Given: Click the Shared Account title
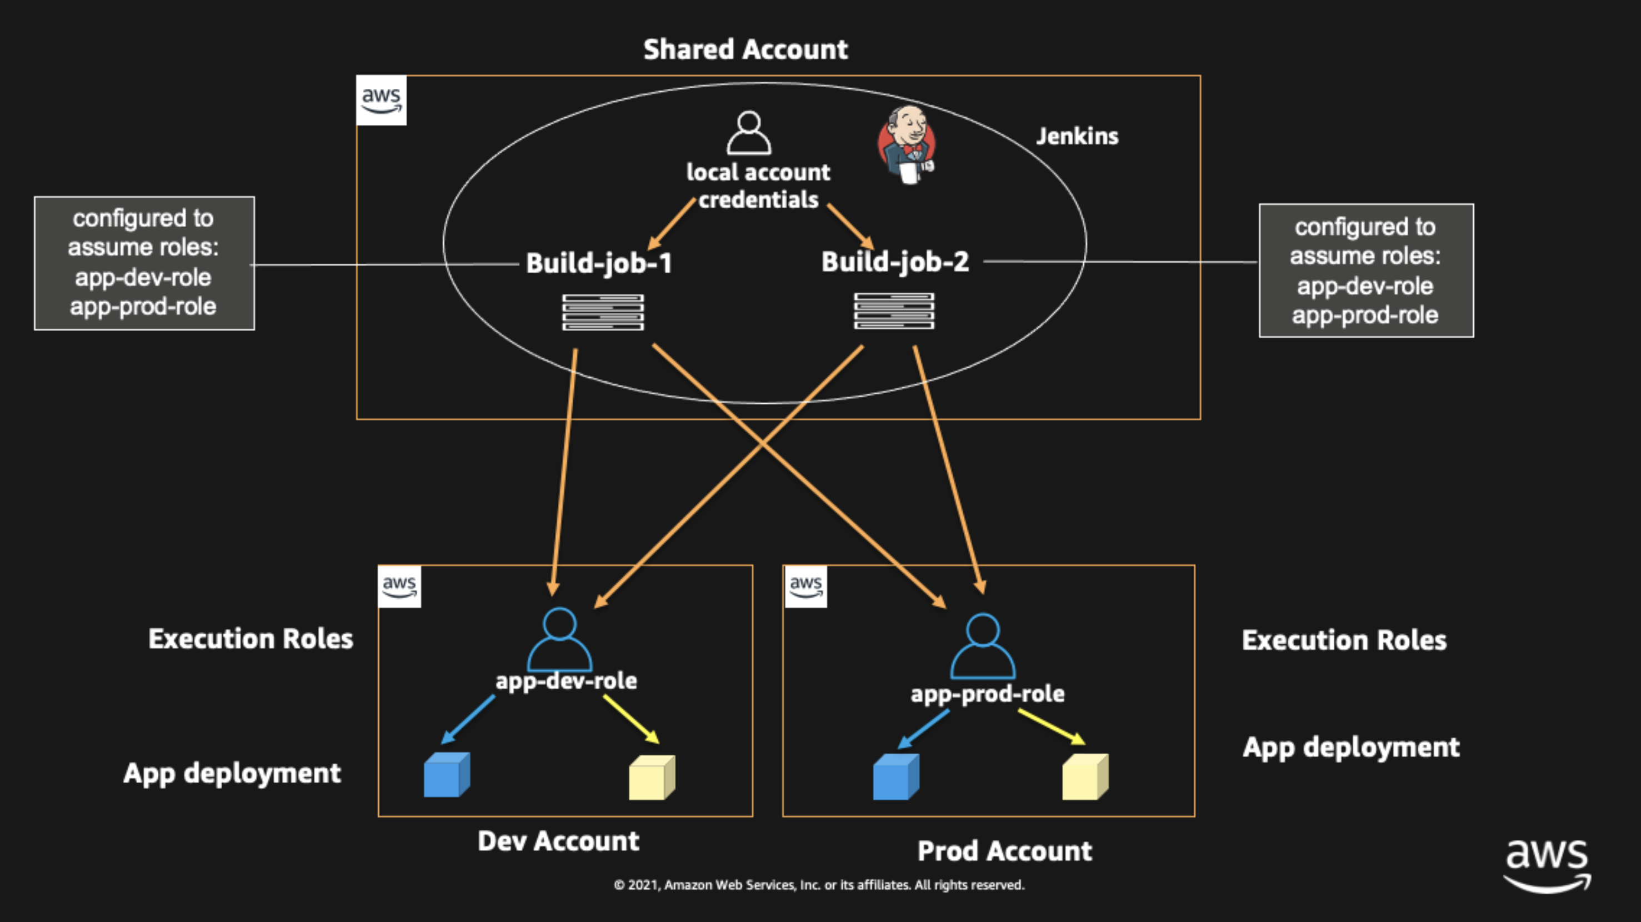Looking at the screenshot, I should pos(746,49).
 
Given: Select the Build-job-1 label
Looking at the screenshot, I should pos(599,263).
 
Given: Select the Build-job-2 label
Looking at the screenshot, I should pos(895,262).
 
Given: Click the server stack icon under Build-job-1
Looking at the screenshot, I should pos(603,312).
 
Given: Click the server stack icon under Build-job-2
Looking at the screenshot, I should pos(894,310).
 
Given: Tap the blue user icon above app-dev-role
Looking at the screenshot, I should pos(559,639).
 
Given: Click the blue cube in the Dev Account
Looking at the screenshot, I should pos(446,775).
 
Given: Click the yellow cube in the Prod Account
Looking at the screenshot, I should pos(1085,777).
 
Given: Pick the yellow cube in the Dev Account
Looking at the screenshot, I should pos(651,778).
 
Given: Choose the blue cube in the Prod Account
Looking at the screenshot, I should pos(895,777).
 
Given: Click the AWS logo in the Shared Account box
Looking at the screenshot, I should pos(381,101).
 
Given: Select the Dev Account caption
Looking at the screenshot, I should pos(558,841).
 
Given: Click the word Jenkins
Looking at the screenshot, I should pos(1077,136).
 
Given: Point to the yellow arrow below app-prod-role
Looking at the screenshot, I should pos(1051,726).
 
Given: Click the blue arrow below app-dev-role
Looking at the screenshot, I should pos(468,719).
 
